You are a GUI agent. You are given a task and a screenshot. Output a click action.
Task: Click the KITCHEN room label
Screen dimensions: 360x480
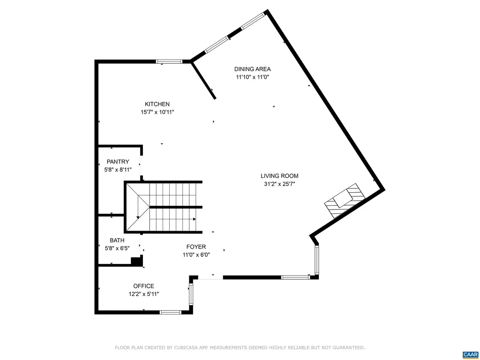point(157,104)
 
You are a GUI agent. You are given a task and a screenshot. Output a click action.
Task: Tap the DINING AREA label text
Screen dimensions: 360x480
point(253,69)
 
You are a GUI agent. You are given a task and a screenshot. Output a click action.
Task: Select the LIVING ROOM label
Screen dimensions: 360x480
point(279,176)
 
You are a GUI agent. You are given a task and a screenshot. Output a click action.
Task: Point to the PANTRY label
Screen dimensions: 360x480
point(118,162)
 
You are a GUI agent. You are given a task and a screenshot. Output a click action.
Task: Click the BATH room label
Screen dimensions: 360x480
point(117,240)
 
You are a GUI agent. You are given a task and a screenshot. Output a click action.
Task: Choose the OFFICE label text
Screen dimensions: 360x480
point(143,286)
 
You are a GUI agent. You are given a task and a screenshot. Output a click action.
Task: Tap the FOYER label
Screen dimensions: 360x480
point(196,247)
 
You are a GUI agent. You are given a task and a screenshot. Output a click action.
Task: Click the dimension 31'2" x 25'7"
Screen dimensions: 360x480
point(279,184)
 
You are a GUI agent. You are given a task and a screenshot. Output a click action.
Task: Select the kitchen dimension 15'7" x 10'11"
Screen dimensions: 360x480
point(157,112)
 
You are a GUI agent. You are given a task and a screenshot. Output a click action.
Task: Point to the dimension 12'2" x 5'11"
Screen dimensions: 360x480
point(143,294)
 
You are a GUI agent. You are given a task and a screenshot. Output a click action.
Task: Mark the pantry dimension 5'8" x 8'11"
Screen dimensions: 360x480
point(118,170)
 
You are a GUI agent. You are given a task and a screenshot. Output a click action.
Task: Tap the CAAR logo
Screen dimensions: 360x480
point(469,354)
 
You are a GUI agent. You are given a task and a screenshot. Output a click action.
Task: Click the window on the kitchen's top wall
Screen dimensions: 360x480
point(169,61)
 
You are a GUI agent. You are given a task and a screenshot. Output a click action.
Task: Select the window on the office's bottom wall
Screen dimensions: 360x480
point(171,312)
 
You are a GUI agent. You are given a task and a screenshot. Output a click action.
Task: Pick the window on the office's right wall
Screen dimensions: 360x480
point(191,294)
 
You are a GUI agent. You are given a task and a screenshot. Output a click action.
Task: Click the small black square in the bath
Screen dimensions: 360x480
point(136,261)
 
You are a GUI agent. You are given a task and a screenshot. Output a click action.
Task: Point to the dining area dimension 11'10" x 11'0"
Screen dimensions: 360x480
point(253,77)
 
